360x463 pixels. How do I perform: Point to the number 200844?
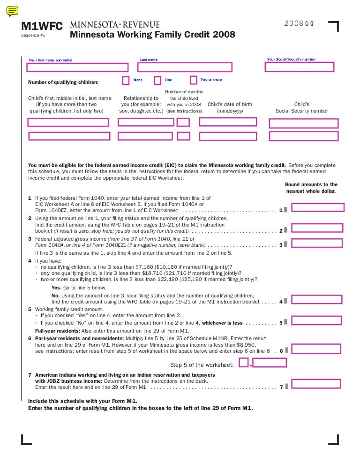[299, 23]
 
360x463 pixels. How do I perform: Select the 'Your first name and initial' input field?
[77, 68]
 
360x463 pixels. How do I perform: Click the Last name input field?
[185, 68]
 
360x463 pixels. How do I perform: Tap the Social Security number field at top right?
[300, 67]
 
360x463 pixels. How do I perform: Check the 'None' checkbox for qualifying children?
[126, 81]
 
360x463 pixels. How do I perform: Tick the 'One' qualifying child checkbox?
[157, 81]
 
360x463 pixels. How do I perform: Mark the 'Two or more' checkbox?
[193, 80]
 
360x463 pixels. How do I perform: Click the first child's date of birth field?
[228, 122]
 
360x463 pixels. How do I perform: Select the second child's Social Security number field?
[303, 137]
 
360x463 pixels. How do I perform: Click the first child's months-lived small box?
[183, 122]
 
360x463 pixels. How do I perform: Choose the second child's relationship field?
[145, 137]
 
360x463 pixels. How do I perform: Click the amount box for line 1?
[317, 207]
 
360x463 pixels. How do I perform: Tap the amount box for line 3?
[317, 243]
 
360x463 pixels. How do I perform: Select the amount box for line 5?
[317, 321]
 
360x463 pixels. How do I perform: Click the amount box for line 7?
[317, 384]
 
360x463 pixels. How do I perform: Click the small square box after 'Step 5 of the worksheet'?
[243, 362]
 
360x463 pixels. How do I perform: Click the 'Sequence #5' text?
[33, 36]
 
